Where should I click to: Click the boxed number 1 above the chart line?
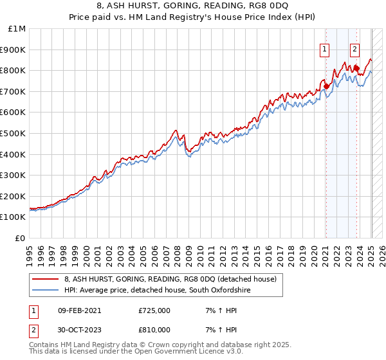coord(325,48)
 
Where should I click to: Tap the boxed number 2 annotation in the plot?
coord(355,48)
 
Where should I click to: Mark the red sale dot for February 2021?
coord(326,86)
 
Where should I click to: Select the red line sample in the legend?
coord(44,279)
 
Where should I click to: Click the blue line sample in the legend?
coord(44,291)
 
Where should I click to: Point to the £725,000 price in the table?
coord(154,310)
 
